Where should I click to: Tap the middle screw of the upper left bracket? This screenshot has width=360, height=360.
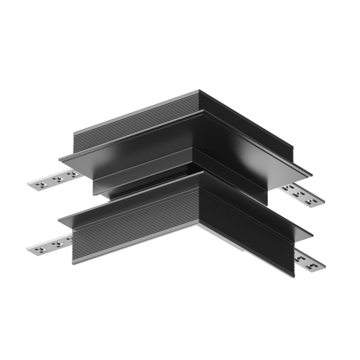click(57, 179)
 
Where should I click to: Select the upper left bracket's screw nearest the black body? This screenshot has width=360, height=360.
click(72, 174)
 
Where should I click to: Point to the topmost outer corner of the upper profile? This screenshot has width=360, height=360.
click(198, 91)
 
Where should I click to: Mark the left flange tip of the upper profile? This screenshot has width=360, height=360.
click(61, 159)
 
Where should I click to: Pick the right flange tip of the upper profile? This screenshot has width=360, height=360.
click(310, 175)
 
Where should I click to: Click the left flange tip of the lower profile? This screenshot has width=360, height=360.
click(60, 221)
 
